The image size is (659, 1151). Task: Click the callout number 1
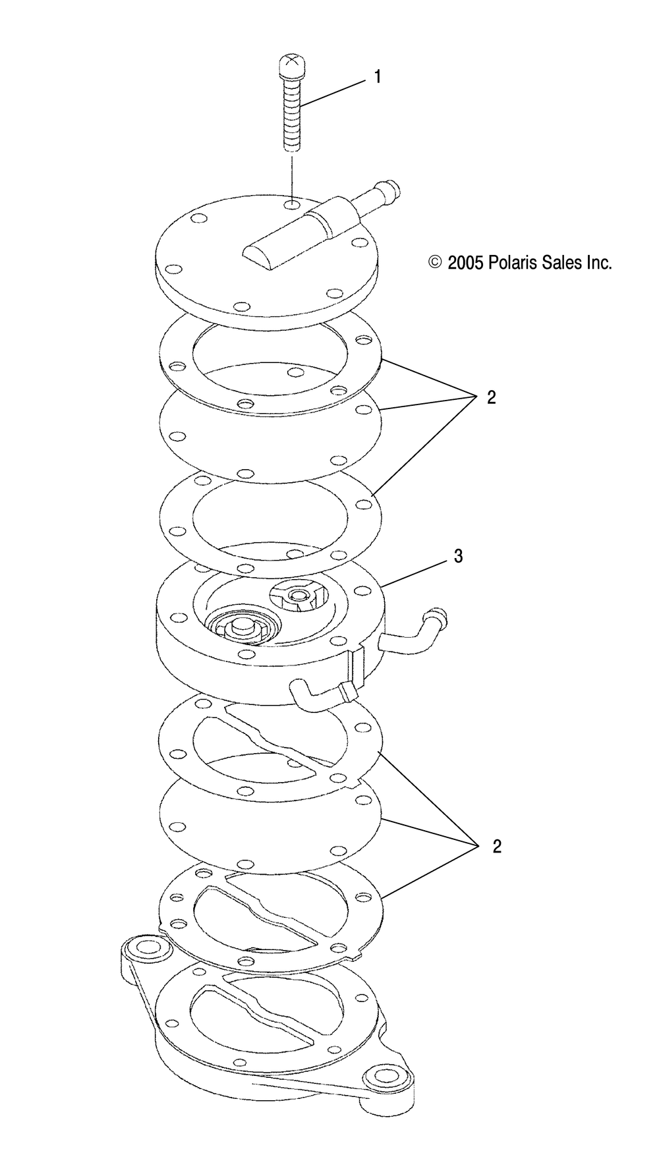[378, 77]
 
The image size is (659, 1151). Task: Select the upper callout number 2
[491, 398]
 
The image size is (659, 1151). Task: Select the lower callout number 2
[496, 847]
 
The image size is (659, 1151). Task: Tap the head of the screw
[291, 66]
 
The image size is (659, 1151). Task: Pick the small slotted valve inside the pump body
[300, 600]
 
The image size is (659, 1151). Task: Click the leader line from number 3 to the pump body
[415, 572]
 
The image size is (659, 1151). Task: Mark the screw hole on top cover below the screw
[291, 205]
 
